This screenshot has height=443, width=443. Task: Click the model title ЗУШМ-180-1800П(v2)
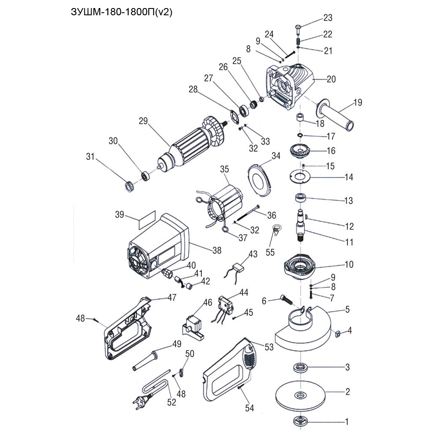coord(122,11)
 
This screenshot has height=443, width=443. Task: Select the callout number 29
coord(142,121)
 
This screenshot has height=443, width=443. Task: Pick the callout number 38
coord(217,250)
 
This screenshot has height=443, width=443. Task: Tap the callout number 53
coord(269,347)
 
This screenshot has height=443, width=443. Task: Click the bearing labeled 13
coord(301,198)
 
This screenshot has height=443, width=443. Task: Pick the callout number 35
coord(224,169)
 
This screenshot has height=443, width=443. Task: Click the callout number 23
coord(328,18)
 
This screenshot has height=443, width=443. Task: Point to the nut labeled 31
coord(128,185)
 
